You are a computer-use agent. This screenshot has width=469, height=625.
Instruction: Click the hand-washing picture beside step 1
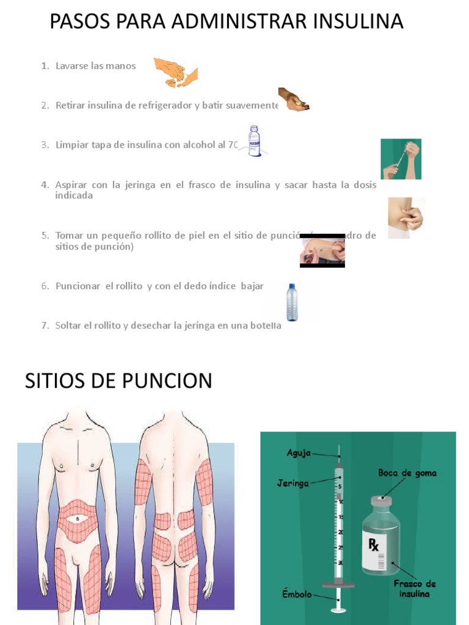[176, 73]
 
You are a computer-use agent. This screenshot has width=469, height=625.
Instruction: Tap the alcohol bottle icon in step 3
[254, 141]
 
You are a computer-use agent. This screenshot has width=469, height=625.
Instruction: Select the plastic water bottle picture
[293, 302]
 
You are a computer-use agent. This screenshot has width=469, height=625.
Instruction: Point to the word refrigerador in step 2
[164, 106]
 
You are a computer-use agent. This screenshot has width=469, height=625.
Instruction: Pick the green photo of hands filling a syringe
[401, 159]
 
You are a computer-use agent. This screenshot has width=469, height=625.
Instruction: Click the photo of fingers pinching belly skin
[405, 217]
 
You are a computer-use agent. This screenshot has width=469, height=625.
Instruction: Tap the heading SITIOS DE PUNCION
[118, 381]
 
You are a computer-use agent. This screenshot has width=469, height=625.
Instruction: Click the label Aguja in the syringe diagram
[299, 453]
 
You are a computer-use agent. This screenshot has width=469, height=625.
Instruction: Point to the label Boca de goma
[407, 473]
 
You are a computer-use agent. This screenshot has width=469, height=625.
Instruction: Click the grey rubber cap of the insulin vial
[381, 500]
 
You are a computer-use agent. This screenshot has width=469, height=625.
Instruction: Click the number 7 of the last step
[45, 325]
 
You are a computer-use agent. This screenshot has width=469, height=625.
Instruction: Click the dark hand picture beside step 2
[294, 99]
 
